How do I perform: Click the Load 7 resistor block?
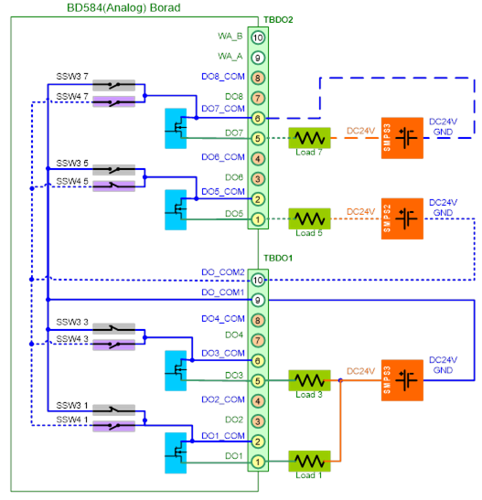pos(309,138)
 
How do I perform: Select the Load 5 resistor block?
pos(309,218)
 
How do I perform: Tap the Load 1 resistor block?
pos(309,461)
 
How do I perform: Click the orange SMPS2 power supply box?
pos(402,218)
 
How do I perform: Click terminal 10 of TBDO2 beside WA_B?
pos(258,37)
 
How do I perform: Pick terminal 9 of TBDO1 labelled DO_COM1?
pos(258,300)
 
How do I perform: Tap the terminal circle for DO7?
pos(258,138)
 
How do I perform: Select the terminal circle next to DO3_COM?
pos(258,361)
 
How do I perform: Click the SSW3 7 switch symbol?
pos(114,85)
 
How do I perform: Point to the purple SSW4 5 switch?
pos(114,186)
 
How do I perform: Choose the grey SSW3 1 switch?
pos(114,410)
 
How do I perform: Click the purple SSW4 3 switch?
pos(114,345)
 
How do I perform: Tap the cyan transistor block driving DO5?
pos(176,210)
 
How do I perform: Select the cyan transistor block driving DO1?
pos(176,452)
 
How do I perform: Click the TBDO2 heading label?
pos(278,20)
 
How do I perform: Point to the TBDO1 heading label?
pos(278,258)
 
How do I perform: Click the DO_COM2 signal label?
pos(223,272)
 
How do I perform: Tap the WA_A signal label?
pos(230,57)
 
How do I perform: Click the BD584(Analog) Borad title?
pos(123,7)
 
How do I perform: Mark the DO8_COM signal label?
pos(223,77)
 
